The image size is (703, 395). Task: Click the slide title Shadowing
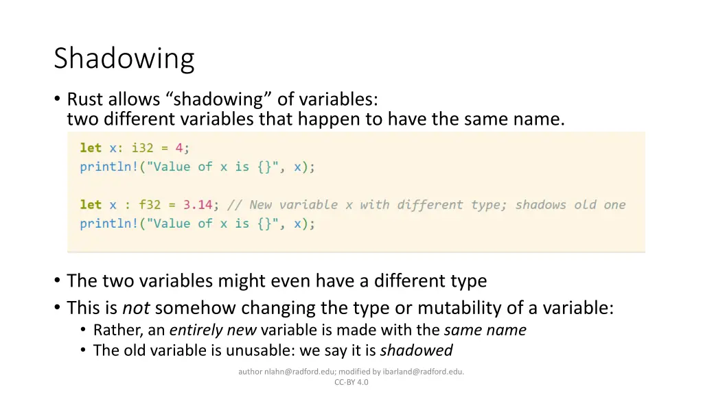click(124, 58)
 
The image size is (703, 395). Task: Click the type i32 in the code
click(143, 147)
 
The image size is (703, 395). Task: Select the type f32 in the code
click(150, 204)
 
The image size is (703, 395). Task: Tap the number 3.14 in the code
click(198, 204)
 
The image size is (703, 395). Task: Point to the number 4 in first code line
click(178, 147)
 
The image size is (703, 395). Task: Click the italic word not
click(136, 308)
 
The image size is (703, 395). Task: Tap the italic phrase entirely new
click(213, 330)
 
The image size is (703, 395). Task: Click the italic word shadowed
click(416, 350)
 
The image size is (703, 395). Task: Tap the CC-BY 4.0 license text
click(351, 382)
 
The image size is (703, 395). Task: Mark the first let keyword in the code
click(91, 147)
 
